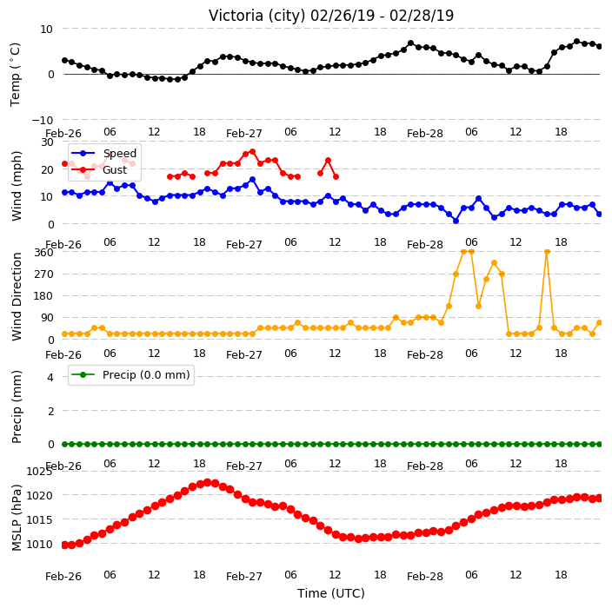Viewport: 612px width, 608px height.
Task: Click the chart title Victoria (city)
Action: point(257,16)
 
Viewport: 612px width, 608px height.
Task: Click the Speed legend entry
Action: point(104,153)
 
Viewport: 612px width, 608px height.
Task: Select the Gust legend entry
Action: point(99,170)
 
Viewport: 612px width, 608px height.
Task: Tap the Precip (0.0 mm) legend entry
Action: point(131,375)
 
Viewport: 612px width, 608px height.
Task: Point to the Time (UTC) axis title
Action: point(331,593)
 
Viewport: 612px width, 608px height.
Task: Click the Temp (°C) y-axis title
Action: point(15,75)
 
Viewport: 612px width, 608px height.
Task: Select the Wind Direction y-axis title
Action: point(17,296)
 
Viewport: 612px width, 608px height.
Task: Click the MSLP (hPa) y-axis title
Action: point(17,518)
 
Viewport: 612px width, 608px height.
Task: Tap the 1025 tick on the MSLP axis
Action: point(39,472)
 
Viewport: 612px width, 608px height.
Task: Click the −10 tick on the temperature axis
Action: point(42,120)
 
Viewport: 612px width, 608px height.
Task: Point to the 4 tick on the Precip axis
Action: point(50,377)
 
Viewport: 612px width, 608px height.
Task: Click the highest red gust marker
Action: point(252,152)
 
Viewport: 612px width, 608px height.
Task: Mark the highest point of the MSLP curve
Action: point(208,482)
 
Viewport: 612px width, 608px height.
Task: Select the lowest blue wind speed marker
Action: point(456,221)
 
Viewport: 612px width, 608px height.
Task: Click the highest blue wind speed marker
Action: point(252,180)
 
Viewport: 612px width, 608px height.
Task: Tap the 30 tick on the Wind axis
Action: point(47,142)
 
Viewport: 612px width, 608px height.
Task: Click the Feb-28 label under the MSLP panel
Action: point(424,577)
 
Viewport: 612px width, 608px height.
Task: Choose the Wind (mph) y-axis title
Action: point(17,186)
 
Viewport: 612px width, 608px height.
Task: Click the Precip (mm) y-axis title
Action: point(17,406)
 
